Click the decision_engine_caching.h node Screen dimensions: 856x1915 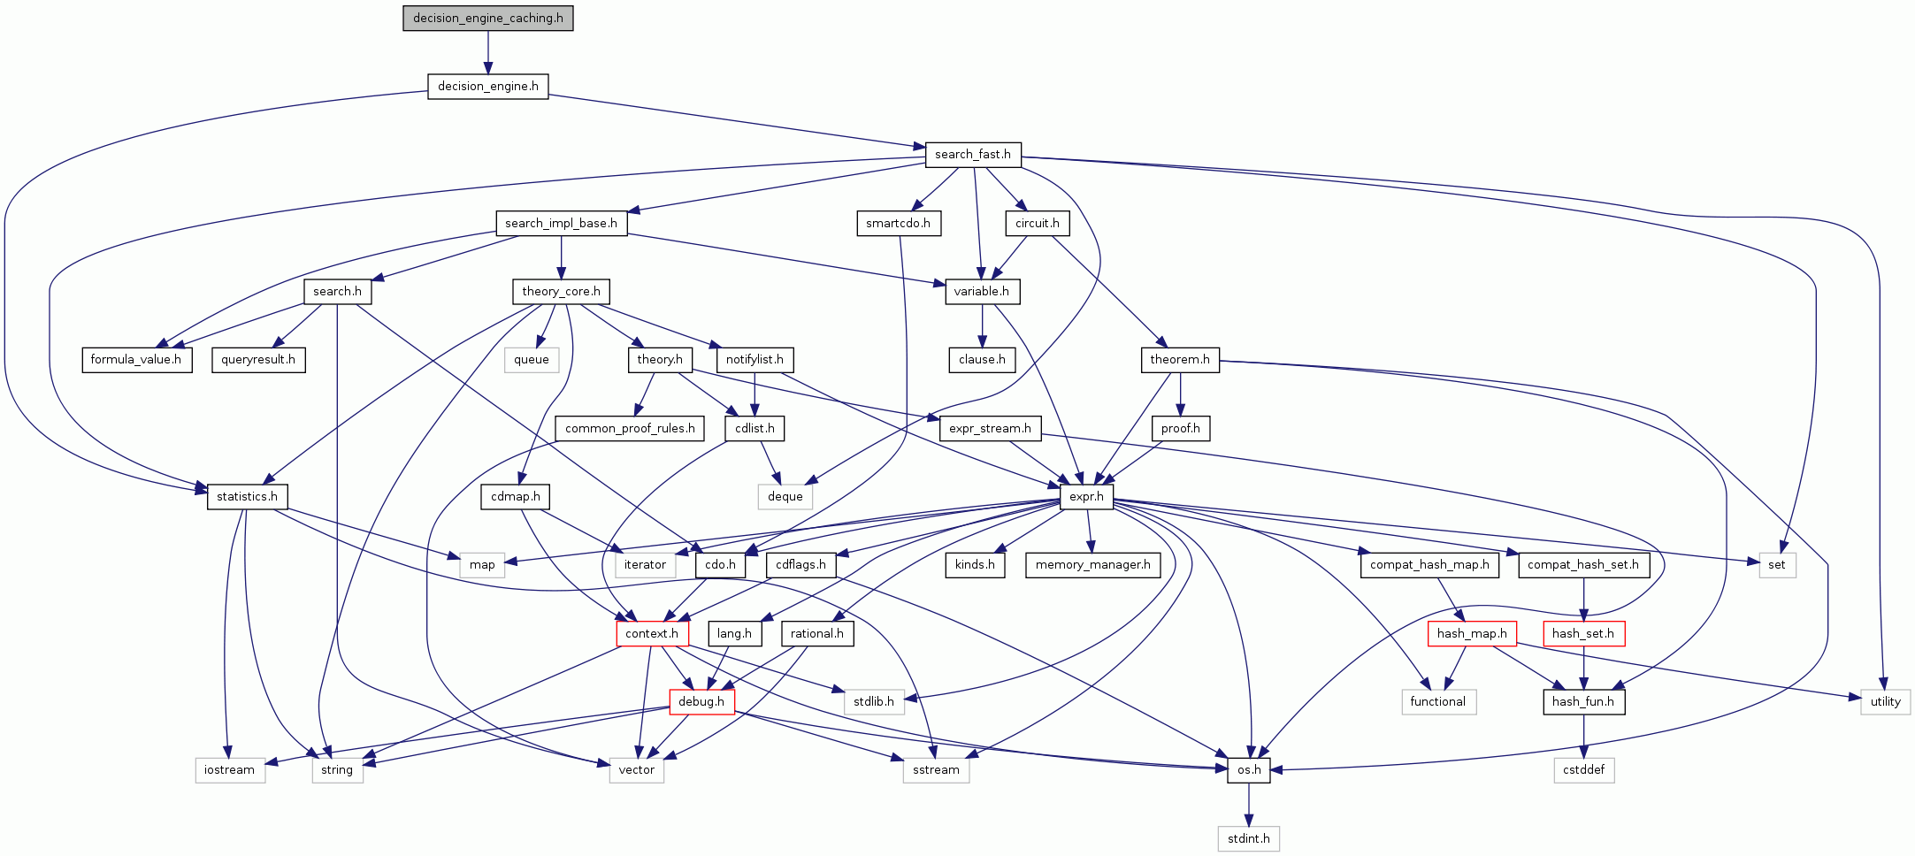(487, 18)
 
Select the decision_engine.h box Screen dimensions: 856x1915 (487, 86)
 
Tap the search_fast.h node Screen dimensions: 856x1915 (972, 154)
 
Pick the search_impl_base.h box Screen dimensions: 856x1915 (561, 223)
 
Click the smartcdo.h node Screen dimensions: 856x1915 (898, 223)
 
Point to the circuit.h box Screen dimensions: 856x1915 (1037, 223)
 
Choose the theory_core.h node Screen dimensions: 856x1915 (561, 291)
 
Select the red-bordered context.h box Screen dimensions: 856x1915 (652, 633)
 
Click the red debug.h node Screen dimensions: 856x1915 (701, 701)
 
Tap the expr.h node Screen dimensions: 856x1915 (1086, 496)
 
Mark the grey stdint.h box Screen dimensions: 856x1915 (1248, 838)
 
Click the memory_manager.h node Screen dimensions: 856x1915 (1092, 564)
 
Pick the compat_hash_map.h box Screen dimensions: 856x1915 (1429, 564)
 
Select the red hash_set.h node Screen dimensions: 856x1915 (1583, 633)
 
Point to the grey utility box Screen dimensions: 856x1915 (1885, 701)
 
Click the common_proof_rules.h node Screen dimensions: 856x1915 (630, 428)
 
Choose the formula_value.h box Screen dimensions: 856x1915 (136, 359)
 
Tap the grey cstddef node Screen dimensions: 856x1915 (1583, 769)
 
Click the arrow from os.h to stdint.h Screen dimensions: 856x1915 (1249, 804)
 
